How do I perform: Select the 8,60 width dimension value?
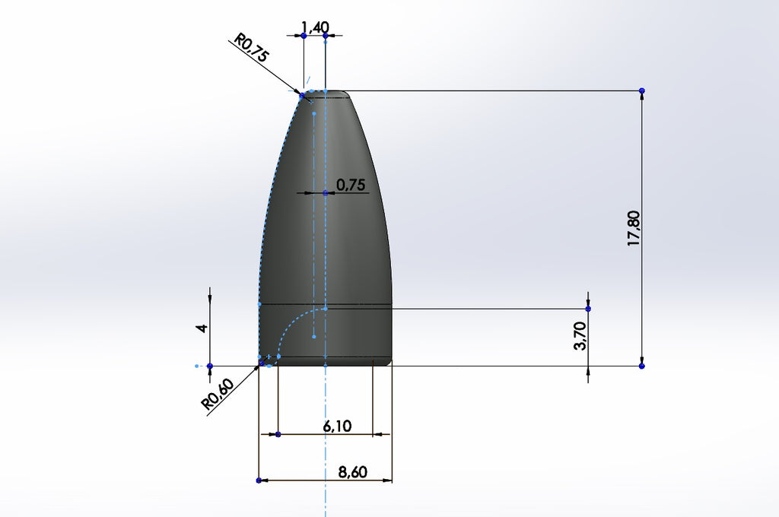tap(352, 472)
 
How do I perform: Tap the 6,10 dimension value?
tap(337, 427)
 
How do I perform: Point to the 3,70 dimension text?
tap(580, 335)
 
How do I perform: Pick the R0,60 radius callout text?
tap(218, 395)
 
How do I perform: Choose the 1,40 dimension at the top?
tap(315, 28)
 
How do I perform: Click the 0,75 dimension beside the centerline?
tap(351, 185)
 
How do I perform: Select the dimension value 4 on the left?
tap(202, 328)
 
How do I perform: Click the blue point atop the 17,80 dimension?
tap(642, 91)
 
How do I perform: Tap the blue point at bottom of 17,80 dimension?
tap(642, 366)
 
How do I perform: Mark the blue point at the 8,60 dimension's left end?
tap(259, 481)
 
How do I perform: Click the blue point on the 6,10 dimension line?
tap(278, 434)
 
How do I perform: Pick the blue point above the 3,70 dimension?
tap(588, 308)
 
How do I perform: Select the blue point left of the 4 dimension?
tap(210, 366)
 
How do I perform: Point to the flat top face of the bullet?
tap(326, 94)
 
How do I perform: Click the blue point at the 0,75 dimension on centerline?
tap(326, 193)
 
